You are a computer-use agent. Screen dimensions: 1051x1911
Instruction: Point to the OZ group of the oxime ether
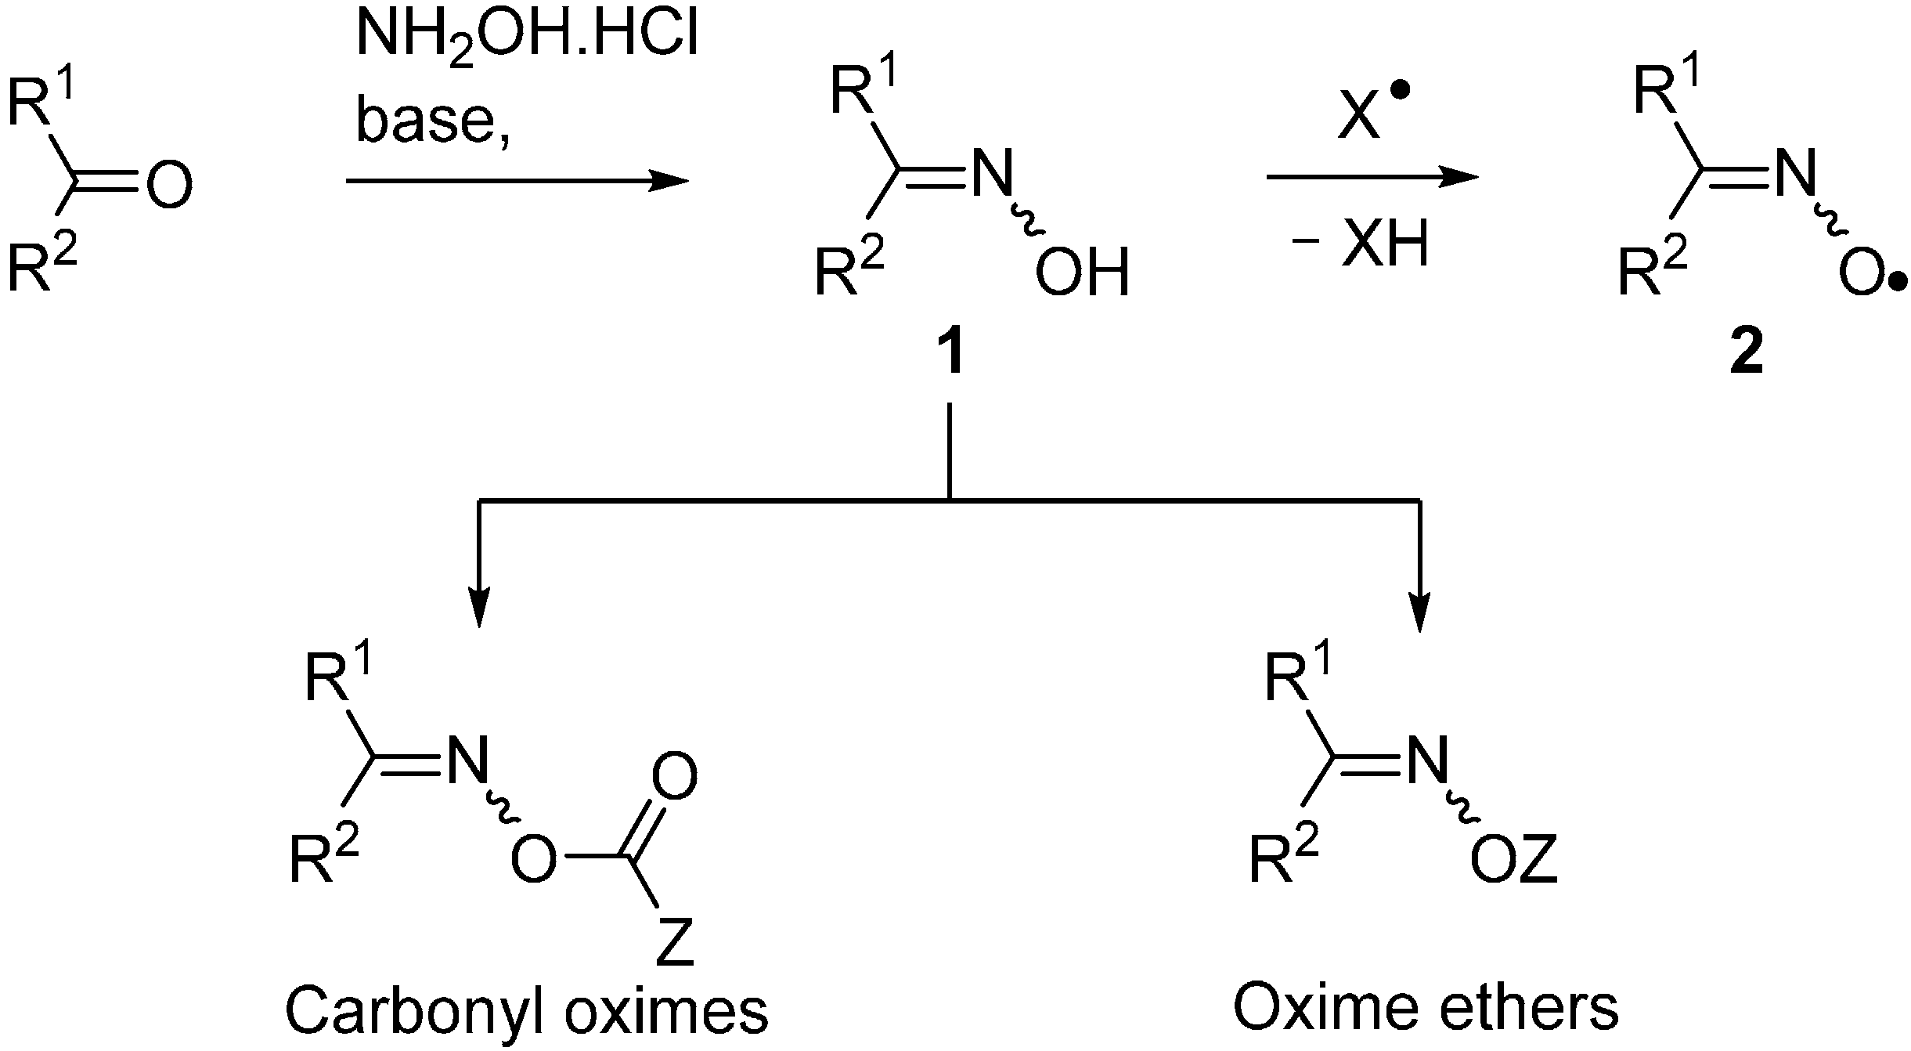pyautogui.click(x=1513, y=863)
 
